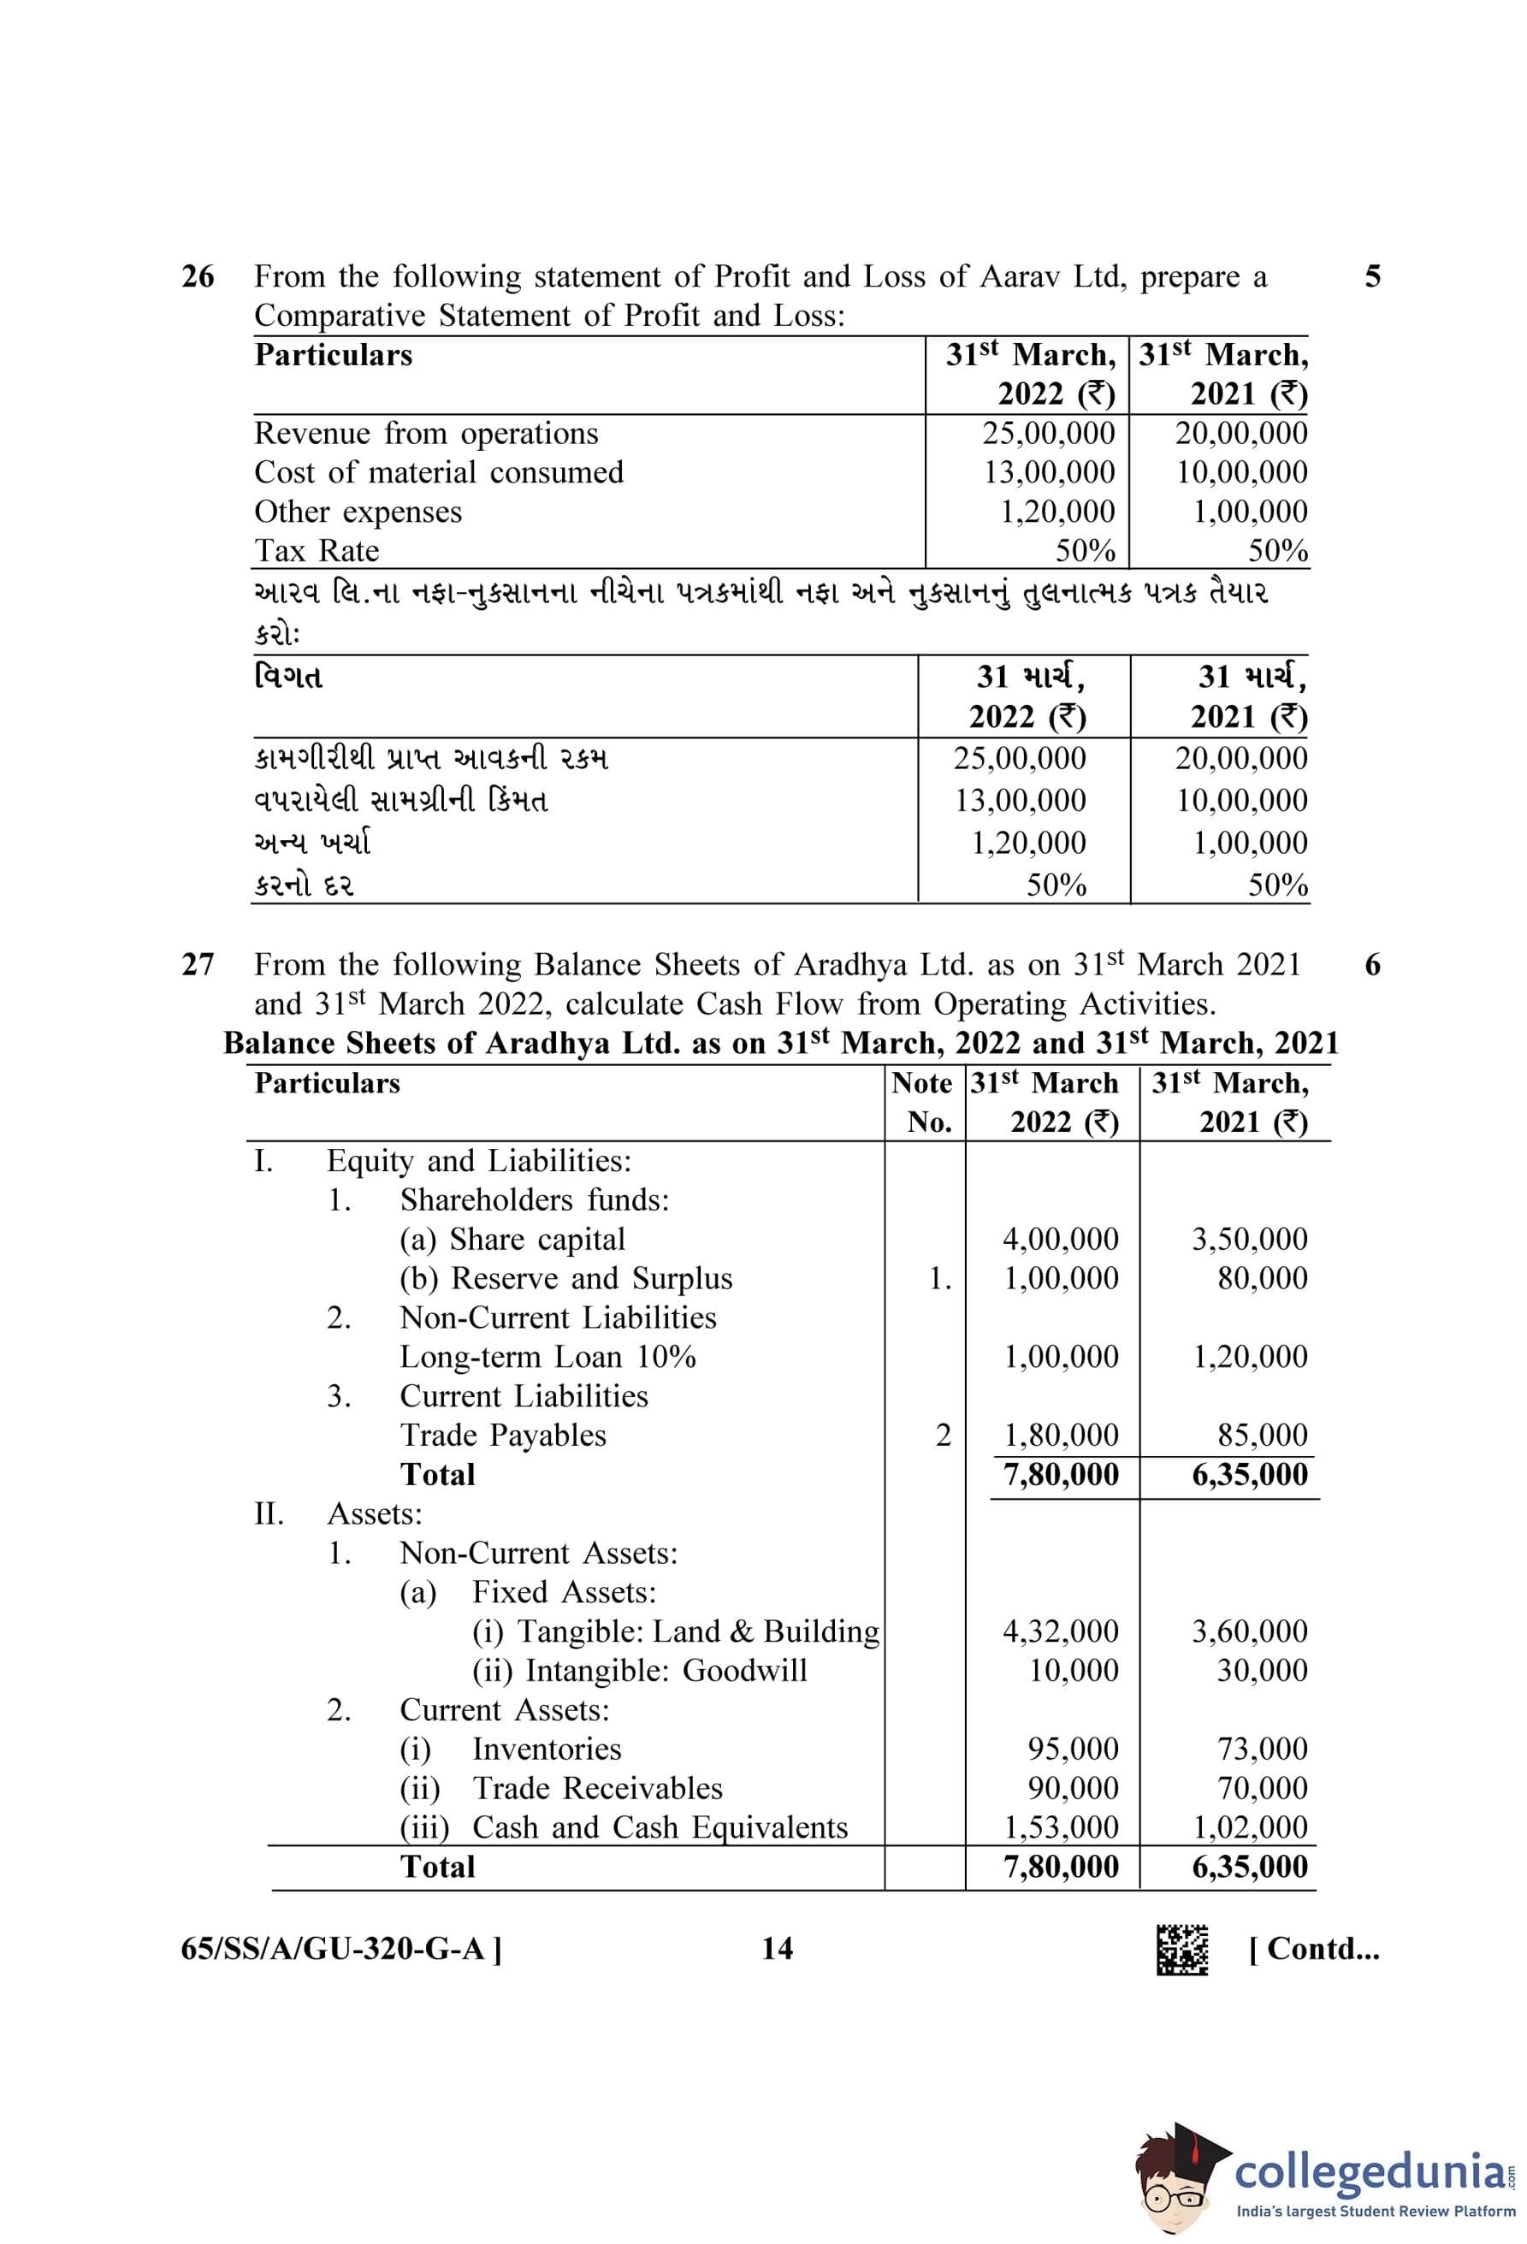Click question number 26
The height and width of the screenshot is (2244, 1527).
(x=198, y=277)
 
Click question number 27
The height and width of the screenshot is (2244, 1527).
(x=198, y=965)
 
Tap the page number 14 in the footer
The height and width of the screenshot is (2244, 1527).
(x=777, y=1949)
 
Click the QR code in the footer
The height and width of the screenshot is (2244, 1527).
(x=1181, y=1950)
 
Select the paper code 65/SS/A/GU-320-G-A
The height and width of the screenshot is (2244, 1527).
(x=340, y=1949)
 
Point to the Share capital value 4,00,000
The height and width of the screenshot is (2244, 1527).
(x=1060, y=1239)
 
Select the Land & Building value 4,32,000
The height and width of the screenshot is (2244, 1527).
(x=1060, y=1631)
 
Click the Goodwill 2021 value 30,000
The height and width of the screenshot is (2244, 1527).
(x=1262, y=1671)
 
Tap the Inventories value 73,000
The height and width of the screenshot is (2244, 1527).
(x=1262, y=1749)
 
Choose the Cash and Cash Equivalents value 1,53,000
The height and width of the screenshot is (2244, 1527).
(x=1060, y=1827)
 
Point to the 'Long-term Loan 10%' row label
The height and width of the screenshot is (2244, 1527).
(x=547, y=1357)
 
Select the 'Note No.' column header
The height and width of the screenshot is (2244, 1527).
(x=924, y=1102)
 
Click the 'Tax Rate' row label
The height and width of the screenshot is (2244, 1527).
(x=317, y=550)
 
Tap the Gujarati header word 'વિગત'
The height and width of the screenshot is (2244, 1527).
(x=287, y=677)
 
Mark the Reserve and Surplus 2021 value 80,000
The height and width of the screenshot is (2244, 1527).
(x=1262, y=1278)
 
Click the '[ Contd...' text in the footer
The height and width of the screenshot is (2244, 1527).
(x=1314, y=1949)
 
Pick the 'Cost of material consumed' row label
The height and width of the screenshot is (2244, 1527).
(x=438, y=472)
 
